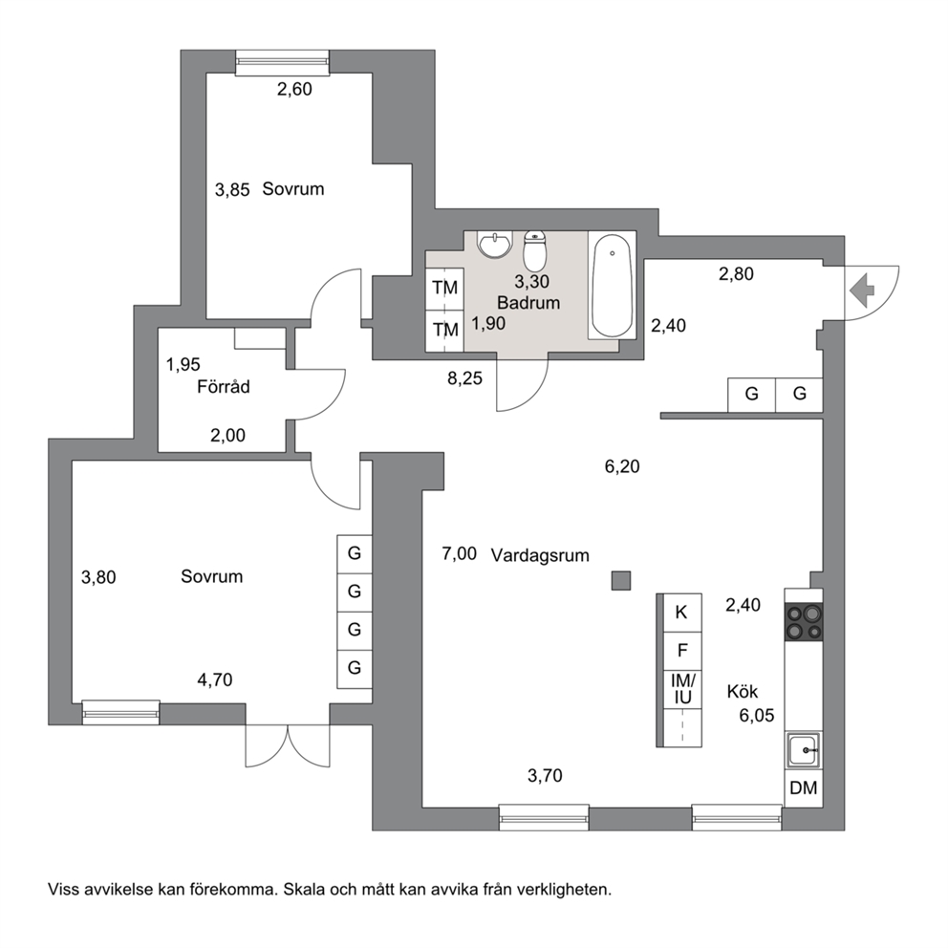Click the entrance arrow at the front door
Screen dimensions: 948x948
(862, 291)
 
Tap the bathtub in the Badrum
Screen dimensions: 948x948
(612, 286)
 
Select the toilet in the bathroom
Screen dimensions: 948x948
(534, 250)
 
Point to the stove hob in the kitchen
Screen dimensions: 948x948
(804, 622)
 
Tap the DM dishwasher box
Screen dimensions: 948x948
(804, 787)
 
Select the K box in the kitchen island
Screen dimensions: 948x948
(682, 613)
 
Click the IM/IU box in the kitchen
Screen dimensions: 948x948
(682, 689)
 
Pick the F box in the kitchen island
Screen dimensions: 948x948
(682, 651)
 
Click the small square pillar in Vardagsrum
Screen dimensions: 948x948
(621, 580)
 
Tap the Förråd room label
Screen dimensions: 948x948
(223, 387)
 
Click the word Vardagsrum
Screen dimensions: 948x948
(540, 555)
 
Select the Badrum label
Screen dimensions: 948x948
(528, 303)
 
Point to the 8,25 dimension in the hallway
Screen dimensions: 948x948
(465, 378)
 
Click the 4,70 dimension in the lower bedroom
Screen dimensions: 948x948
(215, 680)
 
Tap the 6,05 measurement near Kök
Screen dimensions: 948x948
(756, 716)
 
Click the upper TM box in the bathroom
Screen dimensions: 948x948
(445, 289)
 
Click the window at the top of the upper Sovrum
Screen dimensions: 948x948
(282, 63)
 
